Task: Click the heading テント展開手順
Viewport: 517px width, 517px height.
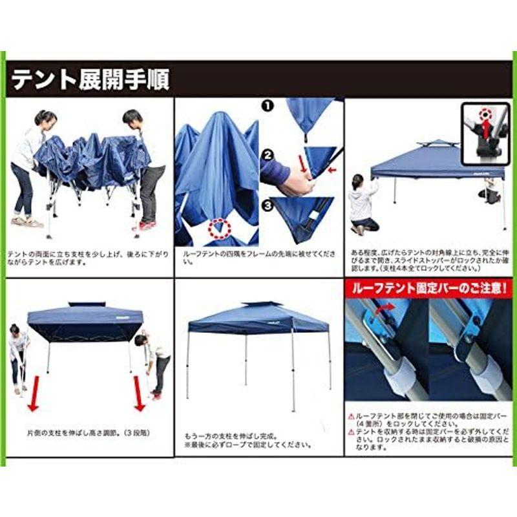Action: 90,79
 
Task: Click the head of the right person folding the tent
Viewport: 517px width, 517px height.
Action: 132,119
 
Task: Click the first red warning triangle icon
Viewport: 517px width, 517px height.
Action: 351,417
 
